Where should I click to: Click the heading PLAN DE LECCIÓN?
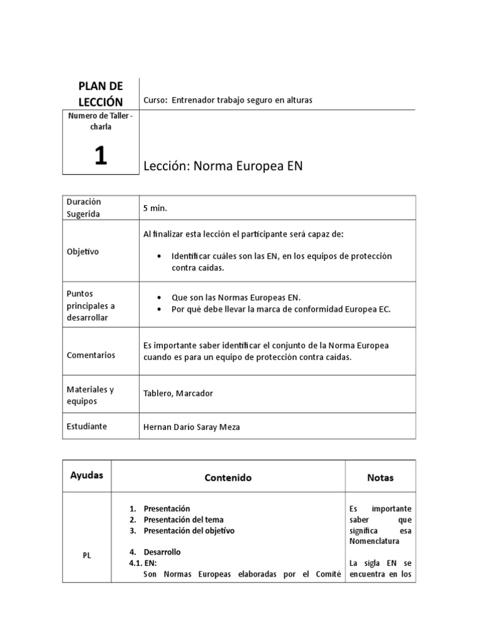100,93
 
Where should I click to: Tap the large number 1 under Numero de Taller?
100,155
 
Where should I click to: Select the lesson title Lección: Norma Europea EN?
223,166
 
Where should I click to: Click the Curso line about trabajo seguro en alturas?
228,100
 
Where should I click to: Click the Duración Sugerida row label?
84,208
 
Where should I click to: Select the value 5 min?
155,208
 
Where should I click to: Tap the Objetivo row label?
83,251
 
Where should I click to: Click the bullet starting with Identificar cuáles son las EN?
272,262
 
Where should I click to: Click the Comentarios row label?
91,355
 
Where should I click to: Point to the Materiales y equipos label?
90,394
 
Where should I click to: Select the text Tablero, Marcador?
178,394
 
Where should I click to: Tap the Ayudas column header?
87,475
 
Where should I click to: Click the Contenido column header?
228,478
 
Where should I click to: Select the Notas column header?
380,478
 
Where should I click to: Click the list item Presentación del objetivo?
189,531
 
